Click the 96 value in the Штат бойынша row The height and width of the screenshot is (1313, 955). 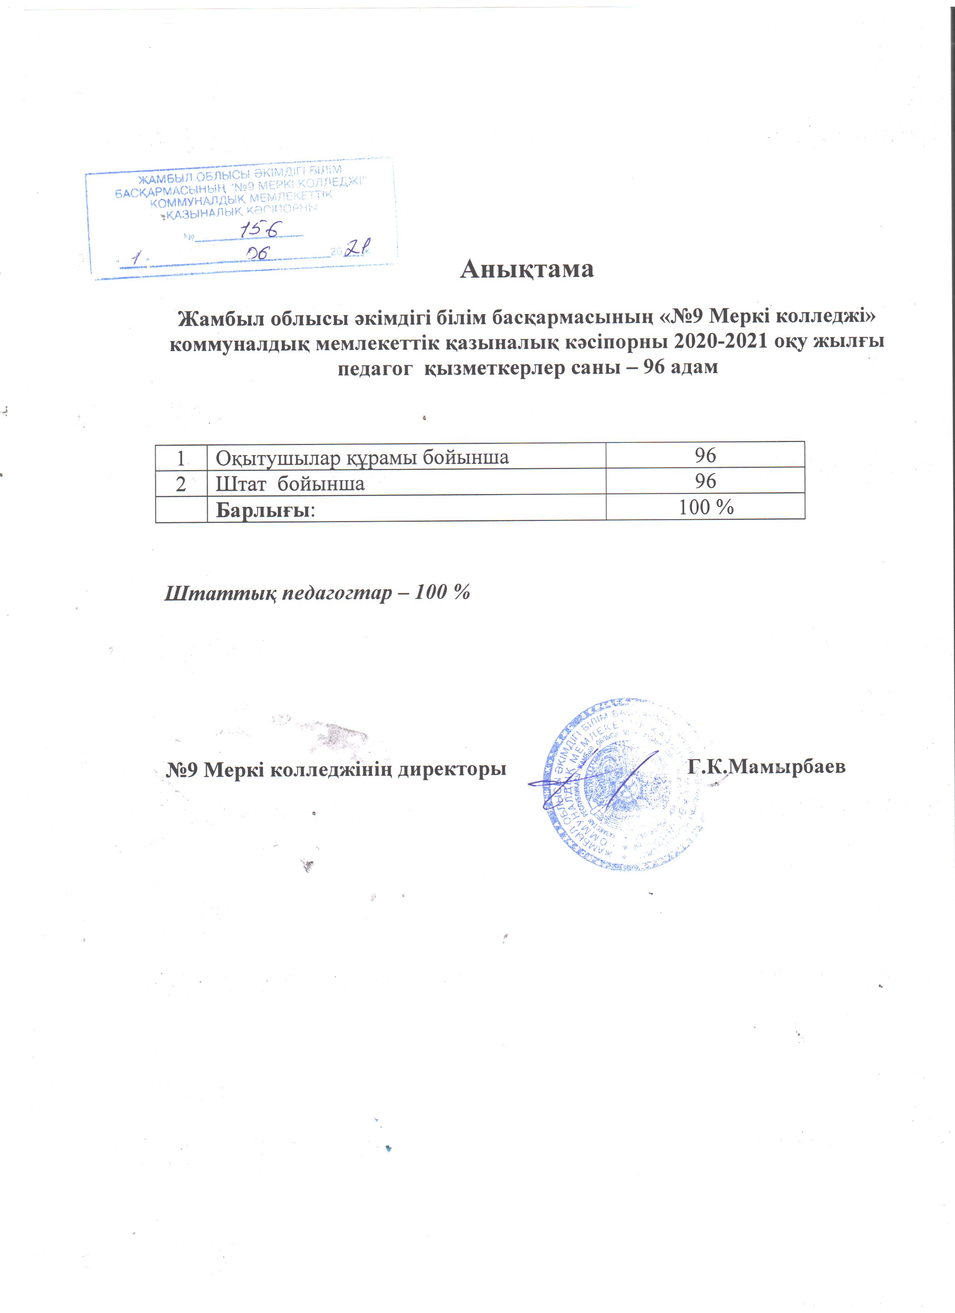tap(706, 481)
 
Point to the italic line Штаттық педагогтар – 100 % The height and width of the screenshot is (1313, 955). tap(317, 593)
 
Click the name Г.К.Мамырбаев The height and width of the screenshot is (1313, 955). tap(767, 767)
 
